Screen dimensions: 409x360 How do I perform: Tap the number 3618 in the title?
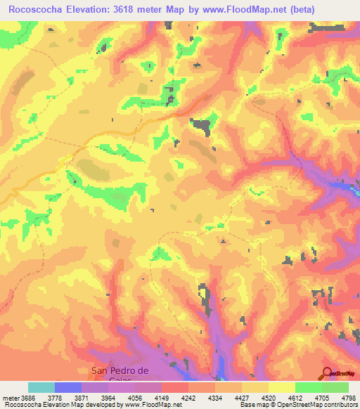126,9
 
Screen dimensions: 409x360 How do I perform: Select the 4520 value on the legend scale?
255,397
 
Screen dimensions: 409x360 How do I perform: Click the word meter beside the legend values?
12,397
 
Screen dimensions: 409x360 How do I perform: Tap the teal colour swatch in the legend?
41,387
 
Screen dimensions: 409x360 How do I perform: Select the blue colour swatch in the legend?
68,387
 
